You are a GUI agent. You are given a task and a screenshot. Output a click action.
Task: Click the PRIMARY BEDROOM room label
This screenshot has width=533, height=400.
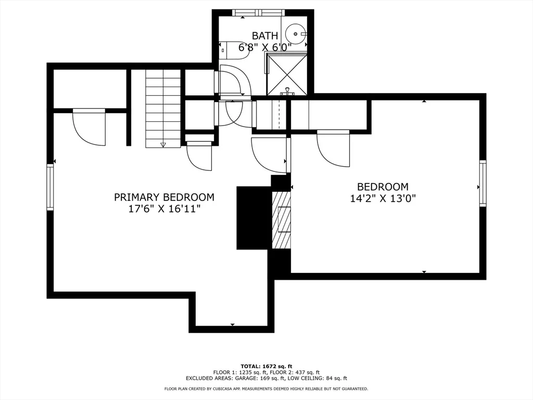point(164,197)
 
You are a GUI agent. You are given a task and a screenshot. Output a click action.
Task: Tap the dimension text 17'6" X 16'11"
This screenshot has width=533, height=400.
point(164,209)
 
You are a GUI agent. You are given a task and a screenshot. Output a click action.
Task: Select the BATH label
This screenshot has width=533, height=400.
point(265,36)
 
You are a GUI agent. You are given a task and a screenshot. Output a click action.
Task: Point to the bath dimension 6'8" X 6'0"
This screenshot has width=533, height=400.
point(265,47)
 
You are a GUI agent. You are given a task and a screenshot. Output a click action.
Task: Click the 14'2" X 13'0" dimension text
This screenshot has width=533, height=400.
point(383,198)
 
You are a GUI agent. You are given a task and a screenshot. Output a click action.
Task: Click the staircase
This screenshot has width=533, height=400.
point(163,108)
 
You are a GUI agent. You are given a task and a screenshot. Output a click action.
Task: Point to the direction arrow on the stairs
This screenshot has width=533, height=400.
point(163,145)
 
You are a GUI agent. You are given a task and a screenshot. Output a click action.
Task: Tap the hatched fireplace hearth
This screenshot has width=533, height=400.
point(282,220)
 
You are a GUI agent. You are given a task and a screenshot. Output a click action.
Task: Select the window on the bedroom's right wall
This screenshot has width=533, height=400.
point(483,184)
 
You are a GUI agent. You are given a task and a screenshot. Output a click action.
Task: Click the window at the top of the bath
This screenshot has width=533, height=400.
point(258,12)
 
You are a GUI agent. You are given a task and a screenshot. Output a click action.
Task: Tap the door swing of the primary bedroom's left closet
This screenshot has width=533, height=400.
point(89,127)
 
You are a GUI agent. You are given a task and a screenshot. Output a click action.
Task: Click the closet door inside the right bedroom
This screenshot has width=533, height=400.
point(333,148)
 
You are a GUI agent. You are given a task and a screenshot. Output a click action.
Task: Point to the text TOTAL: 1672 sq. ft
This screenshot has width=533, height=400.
point(266,366)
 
